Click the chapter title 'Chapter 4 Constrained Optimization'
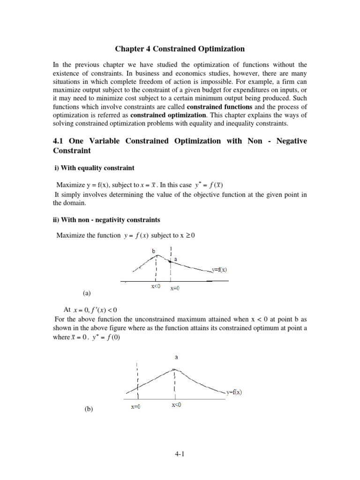coord(180,49)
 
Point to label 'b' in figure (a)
coord(153,251)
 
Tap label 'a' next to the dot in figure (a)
coord(175,259)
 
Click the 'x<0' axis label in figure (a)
coord(156,287)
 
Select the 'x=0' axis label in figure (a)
coord(174,288)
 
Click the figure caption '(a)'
coord(87,293)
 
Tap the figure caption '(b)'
coord(89,409)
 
